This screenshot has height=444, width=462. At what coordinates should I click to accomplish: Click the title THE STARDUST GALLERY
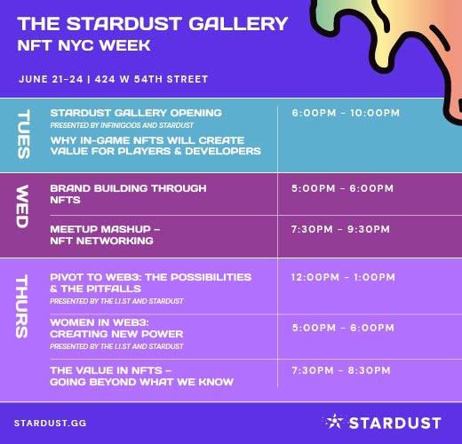[153, 24]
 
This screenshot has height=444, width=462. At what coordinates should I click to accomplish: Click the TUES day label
[24, 134]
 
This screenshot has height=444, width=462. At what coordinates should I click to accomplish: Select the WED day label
[24, 207]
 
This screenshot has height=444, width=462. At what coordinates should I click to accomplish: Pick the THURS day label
[24, 307]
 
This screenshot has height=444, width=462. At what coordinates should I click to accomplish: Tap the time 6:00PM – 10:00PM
[346, 113]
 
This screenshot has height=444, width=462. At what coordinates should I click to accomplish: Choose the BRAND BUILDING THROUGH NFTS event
[128, 194]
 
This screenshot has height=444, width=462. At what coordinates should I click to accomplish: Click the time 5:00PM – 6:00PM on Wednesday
[341, 188]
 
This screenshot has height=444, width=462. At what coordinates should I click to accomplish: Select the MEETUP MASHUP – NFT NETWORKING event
[105, 234]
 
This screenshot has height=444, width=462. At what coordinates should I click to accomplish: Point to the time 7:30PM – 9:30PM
[341, 229]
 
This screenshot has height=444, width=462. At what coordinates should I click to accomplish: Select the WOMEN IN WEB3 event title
[115, 328]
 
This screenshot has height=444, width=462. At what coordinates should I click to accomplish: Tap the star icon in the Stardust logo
[333, 420]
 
